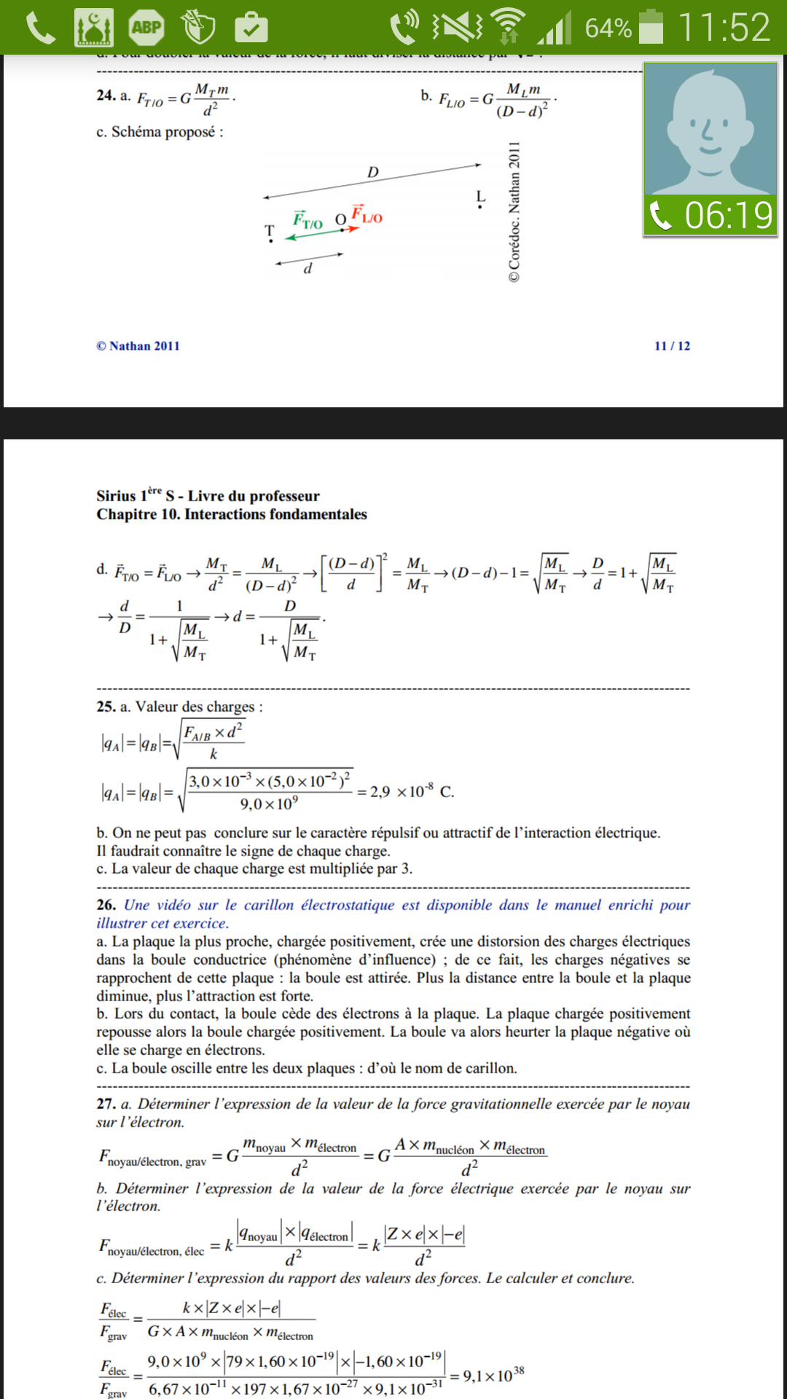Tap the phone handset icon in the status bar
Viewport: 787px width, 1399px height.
tap(41, 28)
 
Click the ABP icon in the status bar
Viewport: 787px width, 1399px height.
tap(146, 28)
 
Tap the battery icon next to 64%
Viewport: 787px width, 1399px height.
tap(651, 27)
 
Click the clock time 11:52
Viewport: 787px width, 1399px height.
tap(724, 28)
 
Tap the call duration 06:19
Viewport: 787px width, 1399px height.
tap(728, 215)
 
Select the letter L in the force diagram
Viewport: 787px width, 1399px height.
tap(480, 197)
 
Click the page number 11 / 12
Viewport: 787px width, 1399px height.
tap(672, 345)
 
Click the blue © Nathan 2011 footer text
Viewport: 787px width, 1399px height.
tap(138, 345)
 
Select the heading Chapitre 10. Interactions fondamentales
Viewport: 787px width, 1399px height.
tap(232, 514)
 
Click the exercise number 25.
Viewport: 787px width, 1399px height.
tap(106, 706)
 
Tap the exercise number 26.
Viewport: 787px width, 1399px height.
tap(106, 905)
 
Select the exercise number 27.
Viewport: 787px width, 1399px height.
tap(106, 1104)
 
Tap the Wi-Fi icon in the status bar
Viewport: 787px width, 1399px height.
tap(509, 26)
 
